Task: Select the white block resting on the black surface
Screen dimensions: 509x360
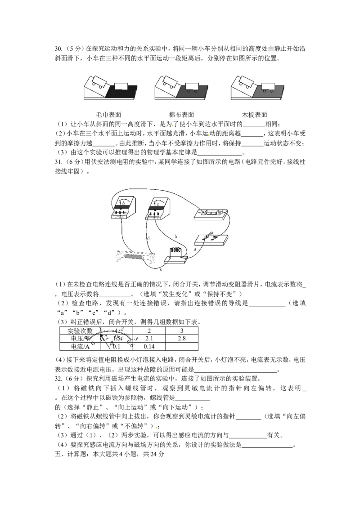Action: pyautogui.click(x=122, y=86)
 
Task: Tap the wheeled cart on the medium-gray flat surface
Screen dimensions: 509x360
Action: pyautogui.click(x=192, y=87)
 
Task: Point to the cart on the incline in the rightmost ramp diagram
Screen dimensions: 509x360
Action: pyautogui.click(x=246, y=80)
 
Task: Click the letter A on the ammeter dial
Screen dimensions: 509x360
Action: pyautogui.click(x=123, y=203)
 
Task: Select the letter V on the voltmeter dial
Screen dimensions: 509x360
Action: pyautogui.click(x=157, y=203)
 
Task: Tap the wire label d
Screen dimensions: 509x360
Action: pyautogui.click(x=148, y=237)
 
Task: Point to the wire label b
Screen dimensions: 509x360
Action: pyautogui.click(x=176, y=236)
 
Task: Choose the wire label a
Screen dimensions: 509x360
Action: pyautogui.click(x=195, y=248)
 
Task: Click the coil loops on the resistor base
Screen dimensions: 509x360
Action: pyautogui.click(x=175, y=252)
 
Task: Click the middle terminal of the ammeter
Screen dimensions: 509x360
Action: pyautogui.click(x=122, y=213)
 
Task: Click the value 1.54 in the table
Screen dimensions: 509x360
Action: pyautogui.click(x=118, y=338)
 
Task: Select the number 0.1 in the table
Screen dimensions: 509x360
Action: pyautogui.click(x=117, y=347)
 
